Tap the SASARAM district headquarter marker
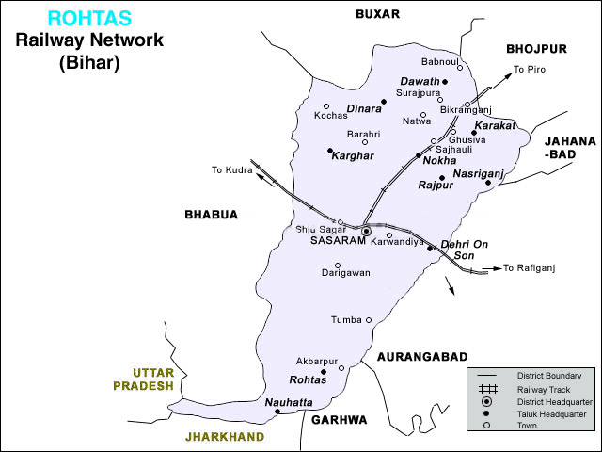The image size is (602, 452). click(366, 230)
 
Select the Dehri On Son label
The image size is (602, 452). click(465, 250)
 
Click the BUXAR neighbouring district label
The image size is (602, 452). click(377, 13)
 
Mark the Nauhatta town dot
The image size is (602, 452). click(277, 412)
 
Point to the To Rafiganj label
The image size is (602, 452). click(530, 268)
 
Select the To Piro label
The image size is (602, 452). click(529, 69)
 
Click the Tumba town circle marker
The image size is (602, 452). click(369, 320)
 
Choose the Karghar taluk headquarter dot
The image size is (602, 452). click(328, 151)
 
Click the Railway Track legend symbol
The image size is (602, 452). click(487, 389)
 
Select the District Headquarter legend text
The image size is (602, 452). click(550, 401)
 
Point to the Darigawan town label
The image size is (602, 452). click(346, 272)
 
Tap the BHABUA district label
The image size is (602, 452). click(212, 215)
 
